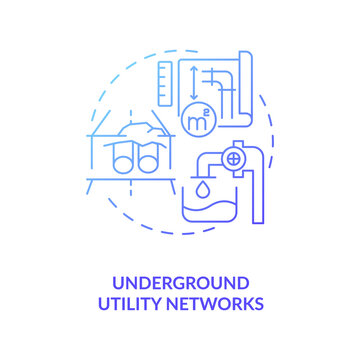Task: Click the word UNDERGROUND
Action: point(180,283)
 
